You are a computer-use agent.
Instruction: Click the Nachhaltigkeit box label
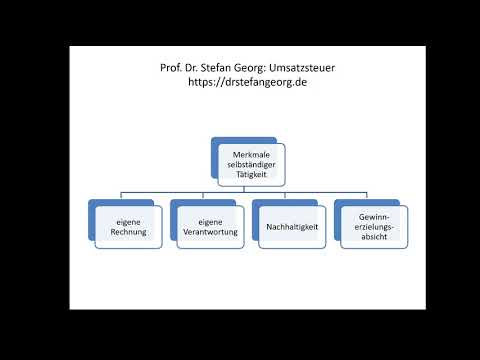[292, 227]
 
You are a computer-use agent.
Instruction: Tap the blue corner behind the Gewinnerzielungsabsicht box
[340, 206]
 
